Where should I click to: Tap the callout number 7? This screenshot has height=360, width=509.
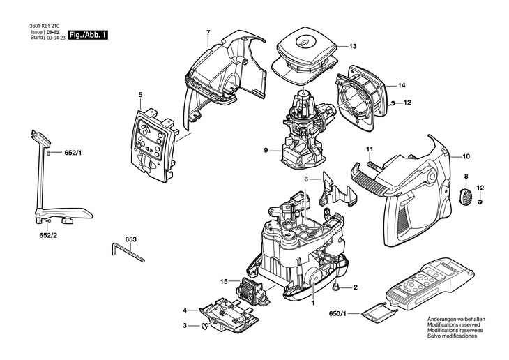click(x=208, y=33)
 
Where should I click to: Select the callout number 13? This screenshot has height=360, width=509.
click(x=353, y=46)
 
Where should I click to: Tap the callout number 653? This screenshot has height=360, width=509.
click(x=130, y=239)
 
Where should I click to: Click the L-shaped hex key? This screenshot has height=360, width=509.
click(x=126, y=251)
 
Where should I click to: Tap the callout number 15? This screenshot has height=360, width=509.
click(x=224, y=281)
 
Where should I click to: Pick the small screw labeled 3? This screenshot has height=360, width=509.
click(x=205, y=324)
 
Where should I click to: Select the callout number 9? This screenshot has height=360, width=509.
click(x=266, y=150)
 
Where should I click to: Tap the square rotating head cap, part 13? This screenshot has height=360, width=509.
click(x=305, y=49)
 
